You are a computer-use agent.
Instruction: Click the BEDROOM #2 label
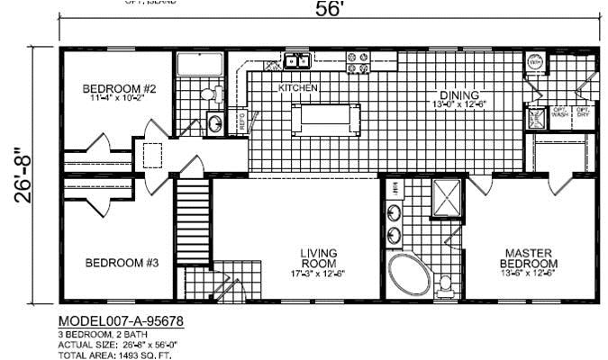pyautogui.click(x=120, y=89)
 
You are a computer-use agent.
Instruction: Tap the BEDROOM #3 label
pyautogui.click(x=122, y=263)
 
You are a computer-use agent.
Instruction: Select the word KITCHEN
pyautogui.click(x=297, y=88)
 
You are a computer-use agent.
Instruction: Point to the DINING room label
pyautogui.click(x=458, y=95)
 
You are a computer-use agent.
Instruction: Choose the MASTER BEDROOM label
pyautogui.click(x=528, y=257)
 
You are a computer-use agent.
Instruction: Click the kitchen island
pyautogui.click(x=325, y=118)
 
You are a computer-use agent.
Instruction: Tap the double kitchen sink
pyautogui.click(x=297, y=61)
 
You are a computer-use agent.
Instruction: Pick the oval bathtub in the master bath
pyautogui.click(x=410, y=274)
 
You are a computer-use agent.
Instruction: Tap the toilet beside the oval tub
pyautogui.click(x=444, y=284)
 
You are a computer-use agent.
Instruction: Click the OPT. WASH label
pyautogui.click(x=559, y=114)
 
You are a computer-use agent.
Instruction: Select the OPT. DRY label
pyautogui.click(x=584, y=114)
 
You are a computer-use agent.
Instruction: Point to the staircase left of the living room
pyautogui.click(x=191, y=220)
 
